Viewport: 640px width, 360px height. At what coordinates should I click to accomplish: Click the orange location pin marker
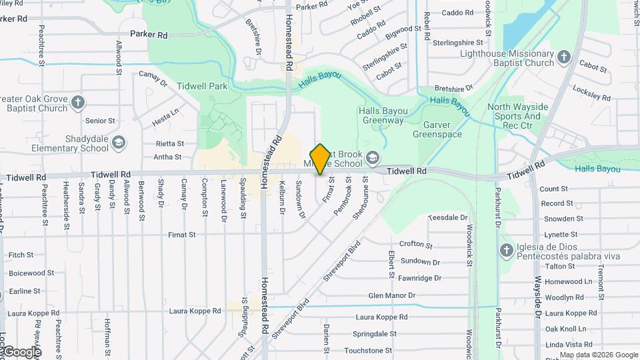(320, 159)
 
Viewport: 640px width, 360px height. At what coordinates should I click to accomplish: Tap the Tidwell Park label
(202, 86)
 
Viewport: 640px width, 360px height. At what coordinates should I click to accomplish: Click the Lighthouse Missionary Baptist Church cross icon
(563, 57)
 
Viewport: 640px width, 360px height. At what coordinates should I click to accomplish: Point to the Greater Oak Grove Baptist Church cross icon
(78, 103)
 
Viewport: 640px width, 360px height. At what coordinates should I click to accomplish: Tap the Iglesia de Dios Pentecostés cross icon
(506, 251)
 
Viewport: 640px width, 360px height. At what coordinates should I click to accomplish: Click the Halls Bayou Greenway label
(383, 116)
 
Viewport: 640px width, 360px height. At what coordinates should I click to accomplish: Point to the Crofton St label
(416, 245)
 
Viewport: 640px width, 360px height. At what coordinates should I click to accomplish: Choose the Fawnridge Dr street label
(419, 278)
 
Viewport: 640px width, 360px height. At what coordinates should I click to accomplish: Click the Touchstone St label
(368, 350)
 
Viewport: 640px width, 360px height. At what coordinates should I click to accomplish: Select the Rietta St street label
(169, 143)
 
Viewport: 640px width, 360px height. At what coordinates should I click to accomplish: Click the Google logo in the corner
(21, 351)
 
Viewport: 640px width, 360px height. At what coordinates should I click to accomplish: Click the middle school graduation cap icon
(373, 158)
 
